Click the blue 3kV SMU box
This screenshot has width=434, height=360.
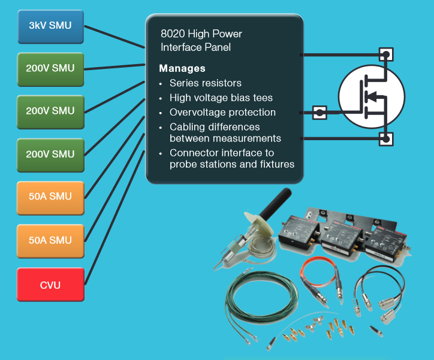click(50, 26)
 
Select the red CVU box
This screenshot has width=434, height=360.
click(50, 285)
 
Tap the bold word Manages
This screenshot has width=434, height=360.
click(182, 68)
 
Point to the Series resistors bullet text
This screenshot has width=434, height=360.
click(206, 83)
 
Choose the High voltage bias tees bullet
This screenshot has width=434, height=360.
click(221, 98)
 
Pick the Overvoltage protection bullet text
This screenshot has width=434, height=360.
click(222, 112)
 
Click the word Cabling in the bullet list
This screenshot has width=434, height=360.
click(187, 127)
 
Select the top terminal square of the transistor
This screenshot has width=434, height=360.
click(387, 55)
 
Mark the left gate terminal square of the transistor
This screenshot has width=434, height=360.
click(320, 112)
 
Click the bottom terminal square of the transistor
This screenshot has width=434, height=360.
click(387, 140)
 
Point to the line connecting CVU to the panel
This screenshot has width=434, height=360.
click(115, 218)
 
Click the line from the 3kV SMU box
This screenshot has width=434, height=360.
click(114, 37)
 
